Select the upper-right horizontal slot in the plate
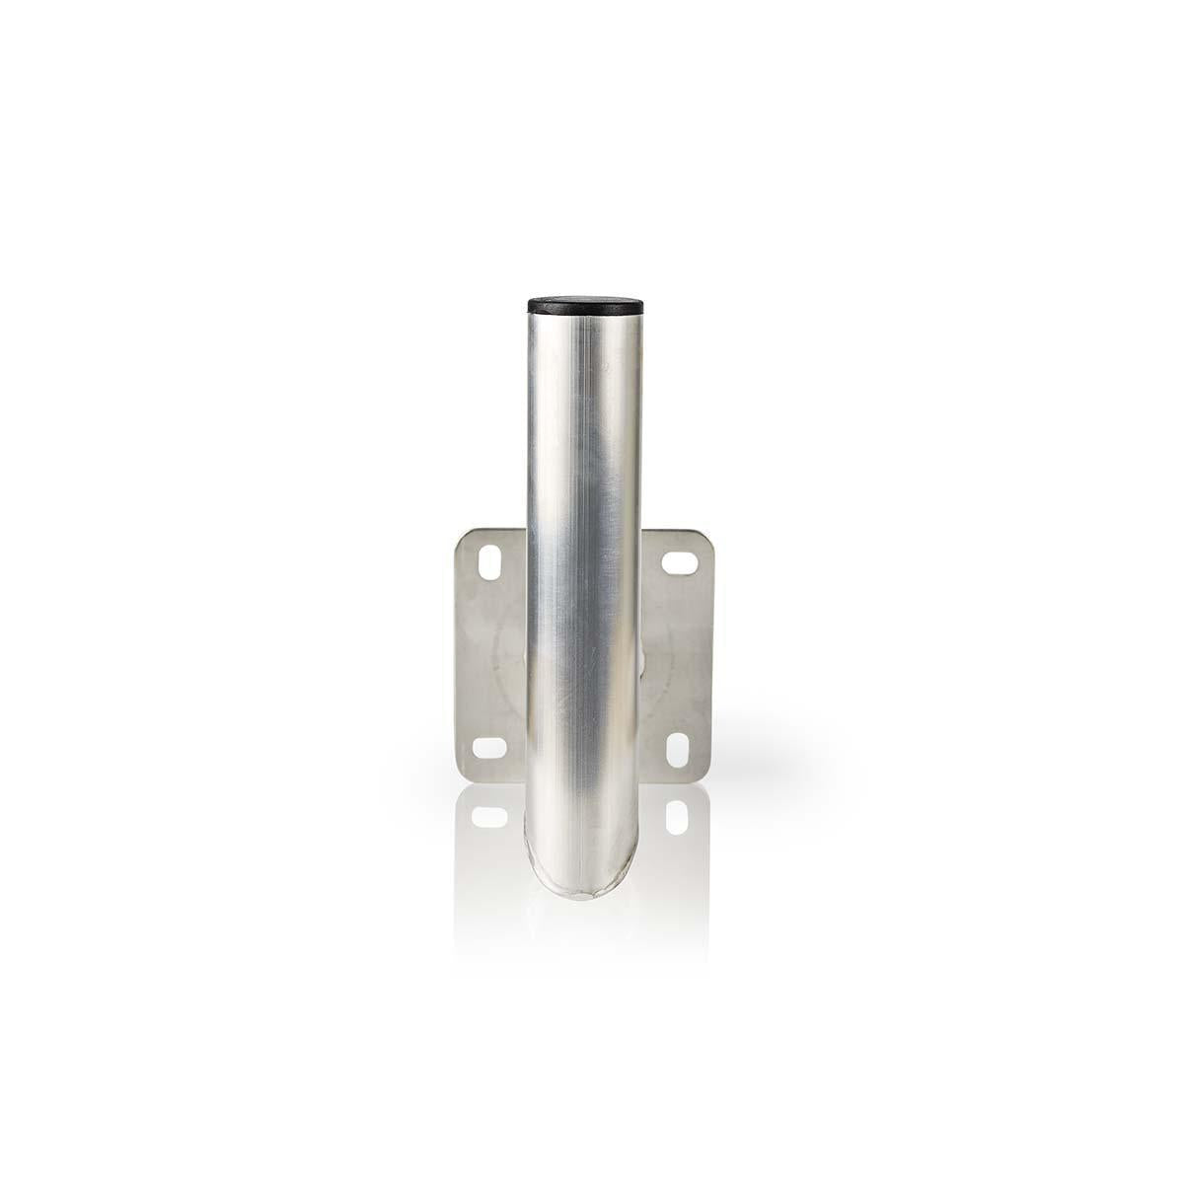point(680,562)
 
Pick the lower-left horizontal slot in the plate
point(488,748)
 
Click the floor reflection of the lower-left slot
point(488,816)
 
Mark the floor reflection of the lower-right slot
point(677,815)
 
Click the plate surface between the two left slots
point(486,656)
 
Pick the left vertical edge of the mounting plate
point(456,656)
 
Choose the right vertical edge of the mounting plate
point(712,656)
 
